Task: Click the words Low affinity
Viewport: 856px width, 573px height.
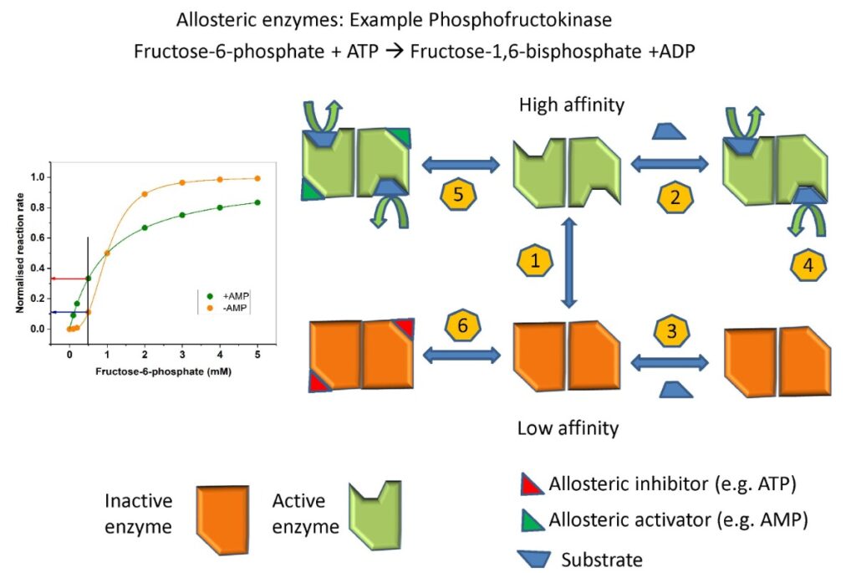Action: click(x=568, y=429)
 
